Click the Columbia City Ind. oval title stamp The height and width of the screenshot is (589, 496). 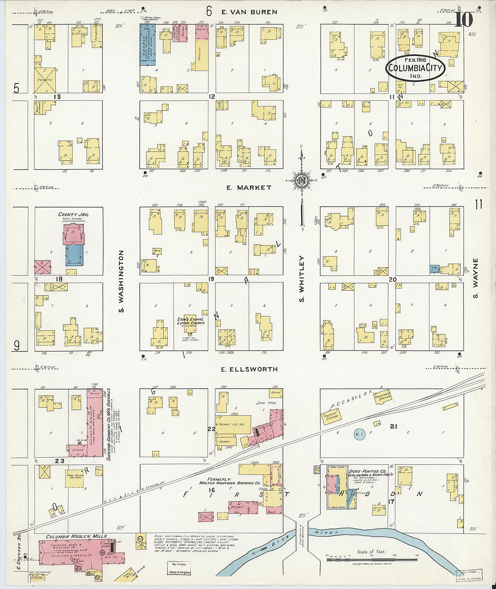[x=415, y=68]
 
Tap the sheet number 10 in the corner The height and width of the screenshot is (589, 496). [x=463, y=19]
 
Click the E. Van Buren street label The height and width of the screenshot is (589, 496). [x=249, y=12]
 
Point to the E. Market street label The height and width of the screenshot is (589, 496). [x=249, y=187]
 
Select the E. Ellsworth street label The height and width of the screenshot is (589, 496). [x=249, y=369]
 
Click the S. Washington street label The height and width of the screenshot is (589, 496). [x=121, y=281]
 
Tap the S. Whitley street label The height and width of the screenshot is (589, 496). [x=302, y=279]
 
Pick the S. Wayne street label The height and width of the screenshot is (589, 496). [x=475, y=278]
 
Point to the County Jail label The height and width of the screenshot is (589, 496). [x=73, y=215]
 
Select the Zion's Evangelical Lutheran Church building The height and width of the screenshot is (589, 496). [x=190, y=324]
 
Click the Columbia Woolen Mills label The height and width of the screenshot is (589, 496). [x=76, y=536]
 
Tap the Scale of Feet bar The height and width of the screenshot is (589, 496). [x=372, y=560]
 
